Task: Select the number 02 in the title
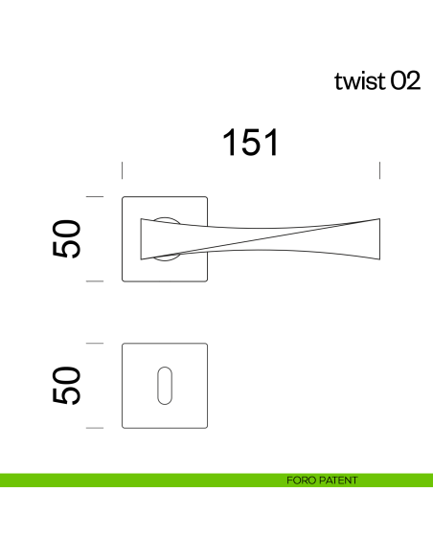tap(404, 81)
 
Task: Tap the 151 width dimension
tap(251, 143)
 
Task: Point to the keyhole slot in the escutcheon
tap(166, 384)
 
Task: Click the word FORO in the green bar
tap(300, 481)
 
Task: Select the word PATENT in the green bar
tap(336, 481)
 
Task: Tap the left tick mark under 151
tap(122, 170)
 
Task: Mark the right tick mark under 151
tap(380, 170)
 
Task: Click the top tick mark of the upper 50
tap(94, 196)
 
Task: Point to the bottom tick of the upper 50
tap(94, 281)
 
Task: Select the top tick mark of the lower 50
tap(94, 342)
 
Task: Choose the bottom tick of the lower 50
tap(94, 427)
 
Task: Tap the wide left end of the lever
tap(147, 239)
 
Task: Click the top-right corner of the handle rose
tap(206, 198)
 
